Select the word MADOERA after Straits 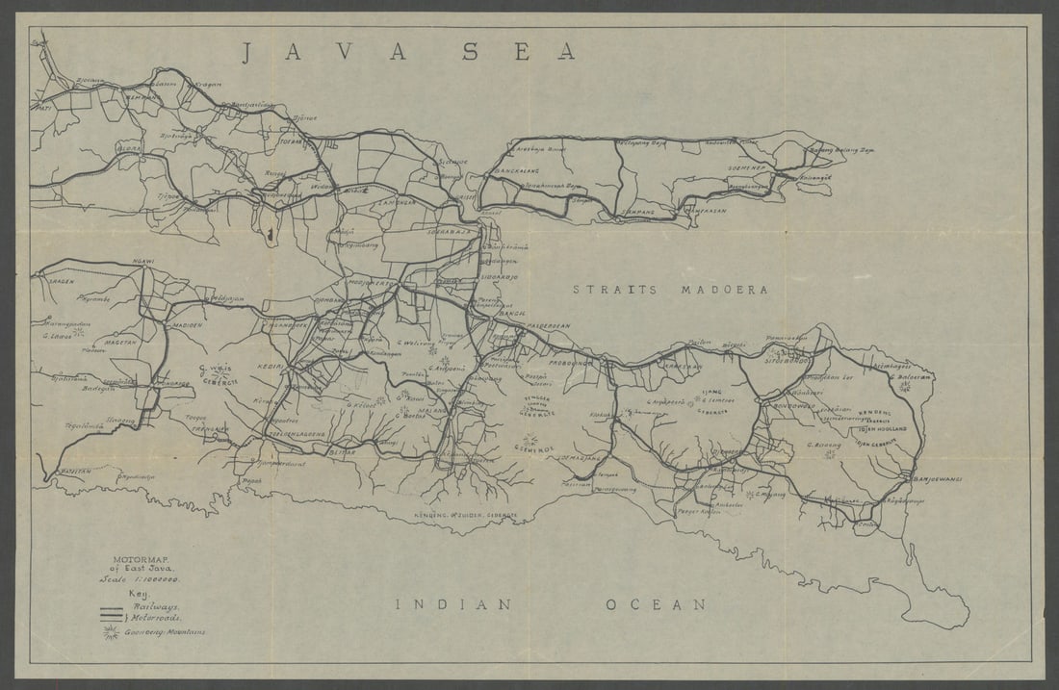coord(724,289)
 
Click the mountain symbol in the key coord(111,632)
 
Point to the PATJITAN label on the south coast coord(73,471)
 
